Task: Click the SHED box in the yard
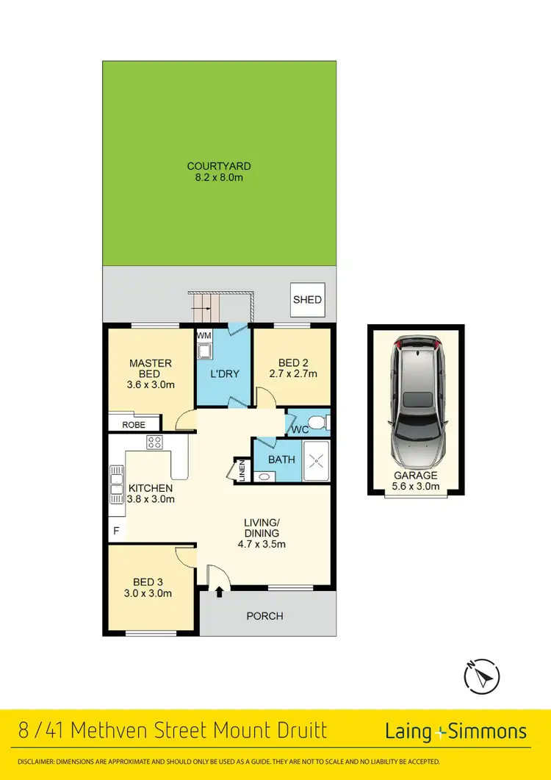307,300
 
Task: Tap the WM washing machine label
204,336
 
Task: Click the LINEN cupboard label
242,471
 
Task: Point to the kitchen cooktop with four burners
154,442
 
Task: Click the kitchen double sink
115,484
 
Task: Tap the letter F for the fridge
115,530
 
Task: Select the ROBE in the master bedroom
133,425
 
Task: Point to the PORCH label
264,616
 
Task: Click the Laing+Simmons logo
455,731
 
